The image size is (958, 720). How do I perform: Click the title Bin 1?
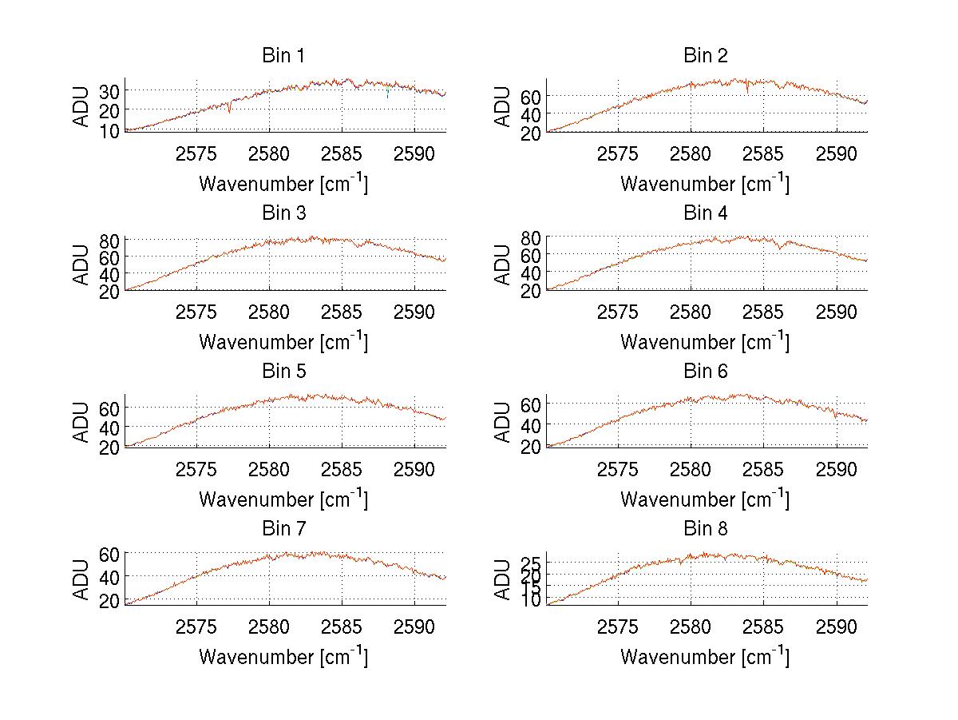(283, 56)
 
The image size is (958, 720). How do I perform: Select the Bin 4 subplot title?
(706, 213)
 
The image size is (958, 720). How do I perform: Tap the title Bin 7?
(283, 529)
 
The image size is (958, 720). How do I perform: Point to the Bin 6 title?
(706, 372)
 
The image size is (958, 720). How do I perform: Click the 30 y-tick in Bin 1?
(109, 91)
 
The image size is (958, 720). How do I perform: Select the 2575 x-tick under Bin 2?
(618, 153)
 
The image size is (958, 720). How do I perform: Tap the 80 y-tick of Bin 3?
(109, 241)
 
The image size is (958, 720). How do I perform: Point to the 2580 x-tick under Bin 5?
(269, 468)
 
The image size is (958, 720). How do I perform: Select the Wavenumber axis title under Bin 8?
(705, 657)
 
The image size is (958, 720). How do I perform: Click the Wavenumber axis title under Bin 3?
(283, 342)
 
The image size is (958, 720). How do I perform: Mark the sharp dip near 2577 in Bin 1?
(229, 109)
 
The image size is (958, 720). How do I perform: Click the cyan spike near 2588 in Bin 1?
(388, 94)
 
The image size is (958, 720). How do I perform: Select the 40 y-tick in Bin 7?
(109, 576)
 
